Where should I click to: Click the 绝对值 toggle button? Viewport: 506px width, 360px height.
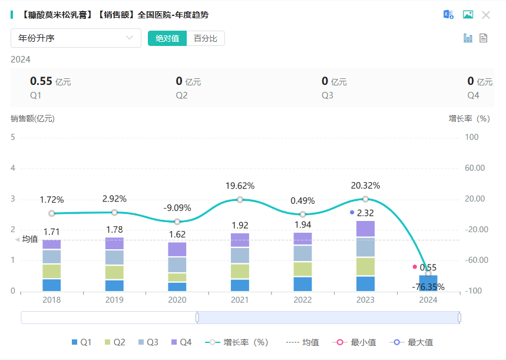[x=167, y=38]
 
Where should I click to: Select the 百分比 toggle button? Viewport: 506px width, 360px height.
[x=206, y=38]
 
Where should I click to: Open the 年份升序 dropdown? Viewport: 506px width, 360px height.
[x=76, y=38]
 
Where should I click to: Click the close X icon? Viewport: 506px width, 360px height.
[x=486, y=15]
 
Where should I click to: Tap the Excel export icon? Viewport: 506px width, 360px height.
[x=449, y=15]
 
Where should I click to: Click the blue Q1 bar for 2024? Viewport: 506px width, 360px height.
[x=428, y=283]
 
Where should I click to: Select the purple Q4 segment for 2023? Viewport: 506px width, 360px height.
[x=365, y=229]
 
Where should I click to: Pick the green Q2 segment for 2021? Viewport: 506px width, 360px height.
[x=240, y=271]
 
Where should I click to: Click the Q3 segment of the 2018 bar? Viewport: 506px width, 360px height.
[x=52, y=256]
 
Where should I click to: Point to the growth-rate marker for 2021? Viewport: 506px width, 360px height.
[x=240, y=200]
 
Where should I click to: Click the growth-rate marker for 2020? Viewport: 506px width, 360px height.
[x=177, y=222]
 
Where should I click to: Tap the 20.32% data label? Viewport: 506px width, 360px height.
[x=365, y=186]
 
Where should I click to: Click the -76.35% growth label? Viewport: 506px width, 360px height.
[x=428, y=288]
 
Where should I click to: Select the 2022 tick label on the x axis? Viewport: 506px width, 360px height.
[x=303, y=299]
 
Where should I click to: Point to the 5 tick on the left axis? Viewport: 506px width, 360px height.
[x=13, y=137]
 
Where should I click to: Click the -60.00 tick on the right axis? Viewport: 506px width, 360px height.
[x=475, y=260]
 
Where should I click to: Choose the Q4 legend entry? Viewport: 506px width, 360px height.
[x=181, y=342]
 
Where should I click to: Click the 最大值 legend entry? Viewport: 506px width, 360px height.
[x=412, y=342]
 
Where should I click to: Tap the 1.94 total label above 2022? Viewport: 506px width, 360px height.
[x=303, y=225]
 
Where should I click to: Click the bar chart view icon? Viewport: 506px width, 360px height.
[x=468, y=38]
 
